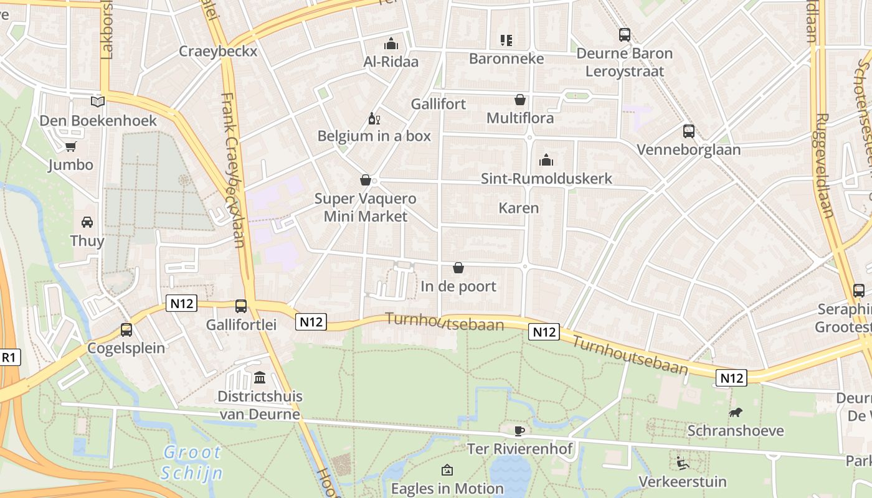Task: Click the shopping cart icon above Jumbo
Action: click(70, 147)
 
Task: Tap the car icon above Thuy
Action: click(87, 222)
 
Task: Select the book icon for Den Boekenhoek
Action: click(98, 101)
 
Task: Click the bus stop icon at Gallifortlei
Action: click(241, 306)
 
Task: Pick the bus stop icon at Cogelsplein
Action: click(126, 330)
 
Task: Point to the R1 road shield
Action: click(9, 357)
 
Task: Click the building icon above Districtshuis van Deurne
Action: click(259, 377)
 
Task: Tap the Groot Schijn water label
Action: click(192, 463)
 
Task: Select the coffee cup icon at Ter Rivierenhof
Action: click(519, 431)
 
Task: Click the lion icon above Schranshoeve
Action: click(736, 413)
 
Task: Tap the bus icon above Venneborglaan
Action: click(689, 131)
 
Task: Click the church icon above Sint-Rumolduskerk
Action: click(546, 160)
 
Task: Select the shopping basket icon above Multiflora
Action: click(519, 100)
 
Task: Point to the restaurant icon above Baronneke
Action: click(506, 40)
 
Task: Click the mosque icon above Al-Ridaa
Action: click(391, 44)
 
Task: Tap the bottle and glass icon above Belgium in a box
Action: click(374, 118)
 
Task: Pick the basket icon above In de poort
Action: click(458, 268)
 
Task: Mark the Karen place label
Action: click(519, 208)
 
